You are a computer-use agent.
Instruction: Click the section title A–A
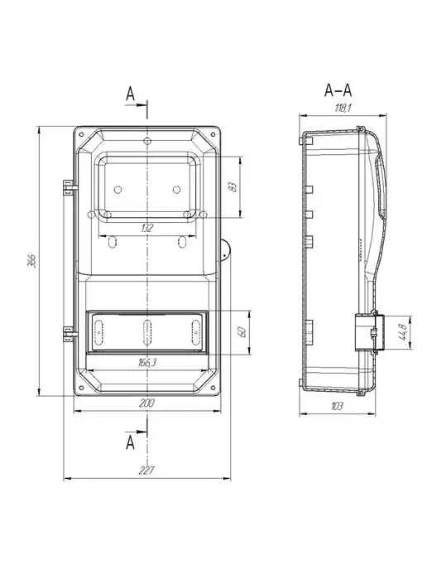pos(338,90)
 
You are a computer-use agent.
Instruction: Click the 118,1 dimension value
pos(343,108)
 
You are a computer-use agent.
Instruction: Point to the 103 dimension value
pos(337,406)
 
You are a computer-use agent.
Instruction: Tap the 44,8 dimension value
pos(403,331)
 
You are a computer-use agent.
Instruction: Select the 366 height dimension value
pos(32,261)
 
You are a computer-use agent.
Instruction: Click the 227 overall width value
pos(147,471)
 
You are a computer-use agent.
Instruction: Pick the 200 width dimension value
pos(147,403)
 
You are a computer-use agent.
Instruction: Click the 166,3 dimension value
pos(147,362)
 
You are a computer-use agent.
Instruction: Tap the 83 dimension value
pos(233,187)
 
